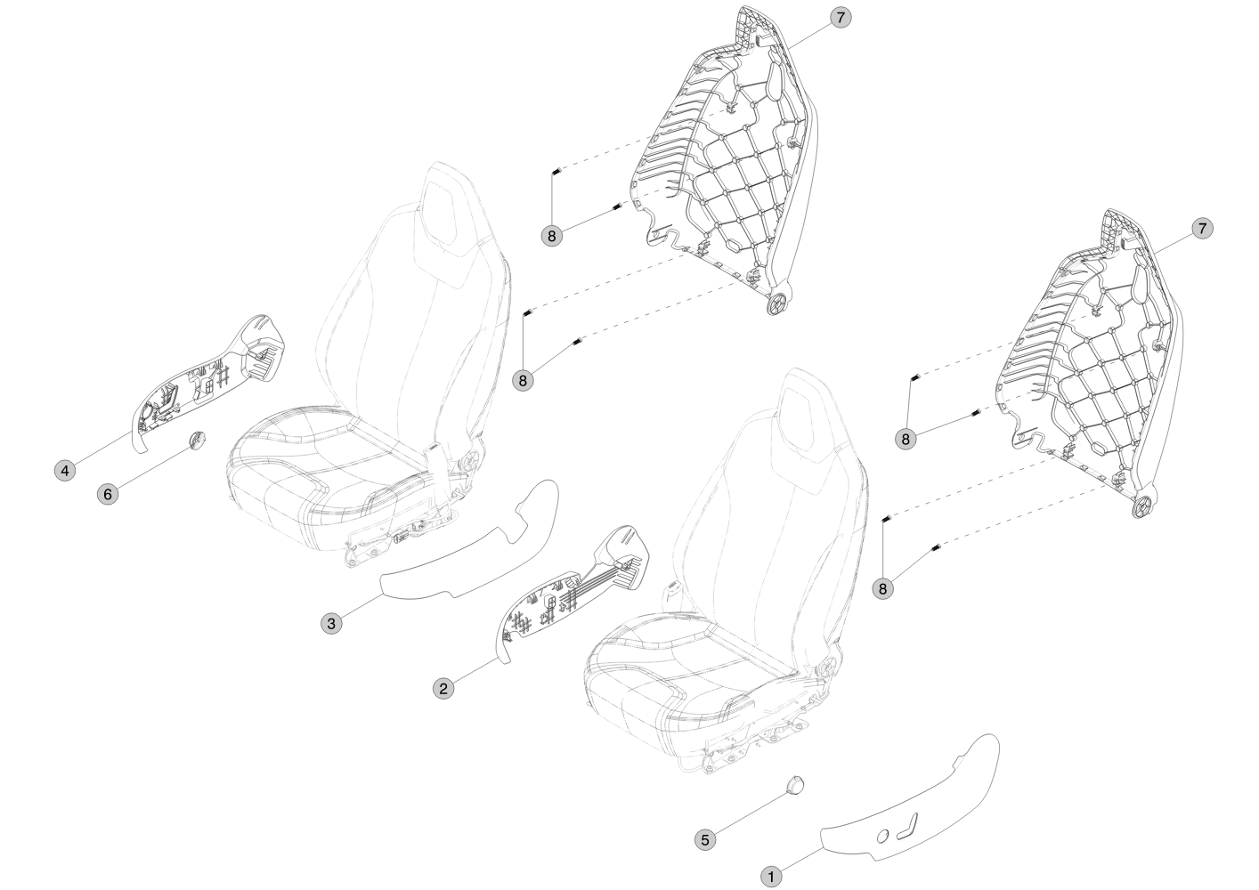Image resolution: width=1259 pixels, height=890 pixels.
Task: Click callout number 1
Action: (x=772, y=876)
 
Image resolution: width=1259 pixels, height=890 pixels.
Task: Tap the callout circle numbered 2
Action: (x=444, y=687)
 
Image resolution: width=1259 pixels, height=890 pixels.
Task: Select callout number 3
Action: (x=331, y=623)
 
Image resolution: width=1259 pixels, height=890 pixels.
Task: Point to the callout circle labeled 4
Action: (x=64, y=470)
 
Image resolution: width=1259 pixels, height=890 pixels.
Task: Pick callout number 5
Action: (x=704, y=838)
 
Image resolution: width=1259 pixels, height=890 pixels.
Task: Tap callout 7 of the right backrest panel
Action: (x=1202, y=229)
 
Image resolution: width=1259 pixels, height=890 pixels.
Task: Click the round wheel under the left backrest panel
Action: (x=776, y=303)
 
